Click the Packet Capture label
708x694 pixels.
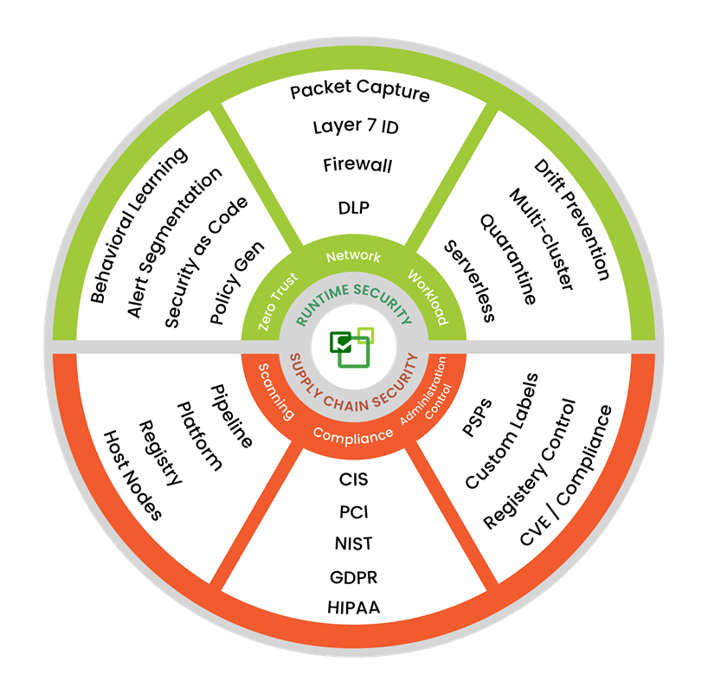[359, 90]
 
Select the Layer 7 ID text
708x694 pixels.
[356, 126]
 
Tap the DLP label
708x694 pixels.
[354, 208]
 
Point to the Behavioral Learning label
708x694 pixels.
[138, 225]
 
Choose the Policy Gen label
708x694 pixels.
[236, 282]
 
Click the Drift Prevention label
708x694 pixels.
[571, 220]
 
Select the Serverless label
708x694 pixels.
[469, 281]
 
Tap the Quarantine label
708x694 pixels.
[508, 260]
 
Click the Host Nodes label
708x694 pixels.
[132, 475]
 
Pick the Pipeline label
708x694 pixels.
[231, 416]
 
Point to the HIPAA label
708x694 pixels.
[354, 607]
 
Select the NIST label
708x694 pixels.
[353, 543]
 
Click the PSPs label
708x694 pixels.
[477, 417]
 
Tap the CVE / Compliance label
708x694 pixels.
[566, 475]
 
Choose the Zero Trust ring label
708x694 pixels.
[278, 301]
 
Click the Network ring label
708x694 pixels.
[353, 256]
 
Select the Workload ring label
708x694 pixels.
[428, 297]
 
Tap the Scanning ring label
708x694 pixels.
[276, 391]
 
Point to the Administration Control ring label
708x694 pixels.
[426, 391]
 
